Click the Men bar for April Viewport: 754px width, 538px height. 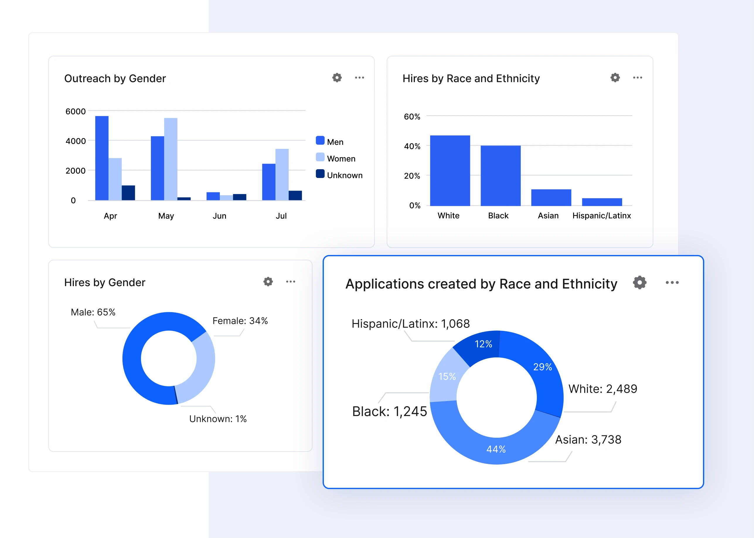pyautogui.click(x=102, y=158)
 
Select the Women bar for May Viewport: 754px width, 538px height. pyautogui.click(x=171, y=159)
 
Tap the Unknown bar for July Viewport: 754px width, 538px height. pyautogui.click(x=295, y=195)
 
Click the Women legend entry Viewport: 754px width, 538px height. pyautogui.click(x=341, y=158)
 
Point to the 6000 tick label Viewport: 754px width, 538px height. pyautogui.click(x=76, y=111)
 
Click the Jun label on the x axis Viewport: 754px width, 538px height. pyautogui.click(x=219, y=216)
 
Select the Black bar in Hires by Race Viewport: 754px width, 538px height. pyautogui.click(x=500, y=176)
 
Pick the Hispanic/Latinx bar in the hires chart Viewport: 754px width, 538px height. pyautogui.click(x=602, y=202)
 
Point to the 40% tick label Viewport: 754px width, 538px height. pyautogui.click(x=412, y=146)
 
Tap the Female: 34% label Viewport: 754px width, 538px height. pyautogui.click(x=240, y=321)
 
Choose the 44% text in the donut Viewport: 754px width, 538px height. pyautogui.click(x=496, y=449)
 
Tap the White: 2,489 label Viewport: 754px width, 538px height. pyautogui.click(x=603, y=389)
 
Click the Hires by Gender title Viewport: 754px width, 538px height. pyautogui.click(x=105, y=282)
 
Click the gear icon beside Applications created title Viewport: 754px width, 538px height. pyautogui.click(x=639, y=282)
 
